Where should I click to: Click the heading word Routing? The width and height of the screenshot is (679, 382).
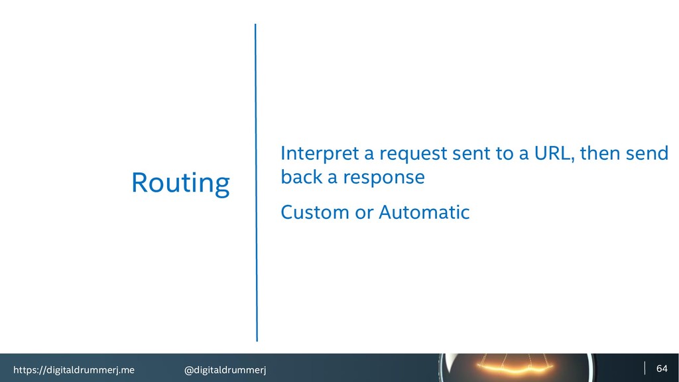(x=180, y=184)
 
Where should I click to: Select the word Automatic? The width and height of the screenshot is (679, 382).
(x=424, y=212)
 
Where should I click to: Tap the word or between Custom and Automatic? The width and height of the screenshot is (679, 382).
(x=364, y=214)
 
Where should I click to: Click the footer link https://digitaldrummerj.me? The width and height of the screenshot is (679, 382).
(x=74, y=370)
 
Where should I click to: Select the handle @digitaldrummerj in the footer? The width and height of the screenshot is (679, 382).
(x=225, y=370)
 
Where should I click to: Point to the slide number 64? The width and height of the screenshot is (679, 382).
(x=662, y=369)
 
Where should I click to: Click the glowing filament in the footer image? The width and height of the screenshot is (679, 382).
(x=515, y=369)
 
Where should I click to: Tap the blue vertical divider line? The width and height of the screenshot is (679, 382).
(x=256, y=182)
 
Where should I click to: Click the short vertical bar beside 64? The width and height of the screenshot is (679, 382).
(x=645, y=368)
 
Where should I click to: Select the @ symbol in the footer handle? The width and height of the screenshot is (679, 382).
(x=188, y=370)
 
